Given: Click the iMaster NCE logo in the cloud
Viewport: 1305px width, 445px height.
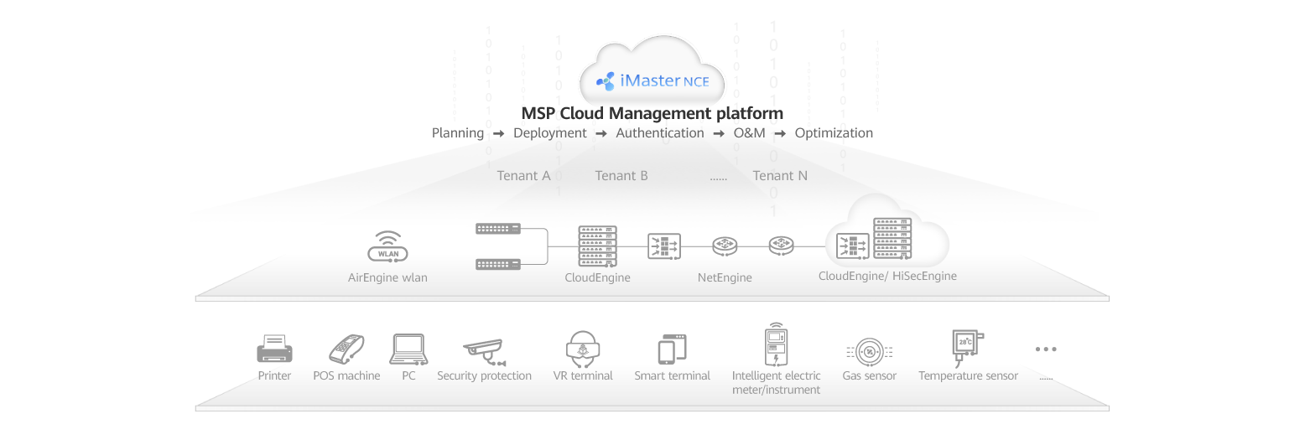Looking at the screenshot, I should pos(652,81).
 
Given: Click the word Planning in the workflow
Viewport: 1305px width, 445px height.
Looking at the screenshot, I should pos(457,133).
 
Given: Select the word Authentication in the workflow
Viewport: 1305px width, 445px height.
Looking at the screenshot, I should pos(660,133).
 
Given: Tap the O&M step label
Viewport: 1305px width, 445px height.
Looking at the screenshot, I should pos(750,133).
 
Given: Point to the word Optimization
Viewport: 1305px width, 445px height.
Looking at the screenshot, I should pos(834,133).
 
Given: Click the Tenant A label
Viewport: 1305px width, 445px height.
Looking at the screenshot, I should pos(523,176).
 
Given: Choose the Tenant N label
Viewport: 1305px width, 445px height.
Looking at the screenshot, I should pos(780,176).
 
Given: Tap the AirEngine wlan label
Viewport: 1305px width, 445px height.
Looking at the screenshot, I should pos(387,277).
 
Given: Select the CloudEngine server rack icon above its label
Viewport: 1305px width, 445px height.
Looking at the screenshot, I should pos(597,246).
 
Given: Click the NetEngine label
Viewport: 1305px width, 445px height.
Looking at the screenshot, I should pos(725,277).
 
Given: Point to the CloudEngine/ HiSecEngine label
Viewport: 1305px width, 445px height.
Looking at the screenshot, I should pos(887,276).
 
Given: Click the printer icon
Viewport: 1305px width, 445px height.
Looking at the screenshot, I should pos(274,348).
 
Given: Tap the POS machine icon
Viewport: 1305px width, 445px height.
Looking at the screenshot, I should pos(345,349).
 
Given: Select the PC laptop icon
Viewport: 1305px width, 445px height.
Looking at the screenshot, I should pos(408,349).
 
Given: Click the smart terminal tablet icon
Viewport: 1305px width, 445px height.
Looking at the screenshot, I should pos(672,349).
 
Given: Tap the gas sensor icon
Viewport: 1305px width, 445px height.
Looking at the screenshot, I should pos(869,351).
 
